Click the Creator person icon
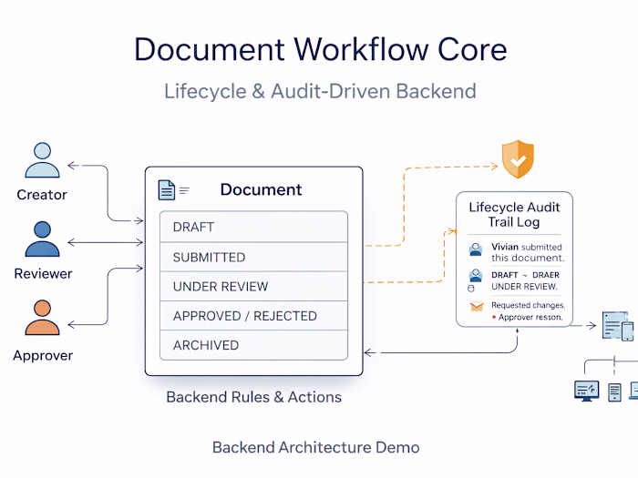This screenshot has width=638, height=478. point(41,160)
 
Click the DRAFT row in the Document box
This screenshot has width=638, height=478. point(253,227)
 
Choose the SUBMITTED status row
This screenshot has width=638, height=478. point(253,257)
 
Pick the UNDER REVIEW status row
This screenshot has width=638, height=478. point(253,286)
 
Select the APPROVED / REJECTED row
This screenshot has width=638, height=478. point(253,316)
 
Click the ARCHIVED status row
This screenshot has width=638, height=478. point(253,345)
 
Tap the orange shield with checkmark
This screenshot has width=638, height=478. point(518,159)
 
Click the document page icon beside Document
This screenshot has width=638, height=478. point(167,189)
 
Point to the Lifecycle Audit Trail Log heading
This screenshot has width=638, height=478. point(514,214)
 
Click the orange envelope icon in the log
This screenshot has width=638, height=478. point(475,307)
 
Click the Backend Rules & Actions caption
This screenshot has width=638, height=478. point(253,397)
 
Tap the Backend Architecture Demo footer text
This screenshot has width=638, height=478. point(315,447)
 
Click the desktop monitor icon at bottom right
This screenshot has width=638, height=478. point(585,391)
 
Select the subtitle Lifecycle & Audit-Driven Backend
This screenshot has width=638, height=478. point(320,91)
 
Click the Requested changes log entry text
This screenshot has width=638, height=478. point(528,305)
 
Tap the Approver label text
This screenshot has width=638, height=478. point(43,355)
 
